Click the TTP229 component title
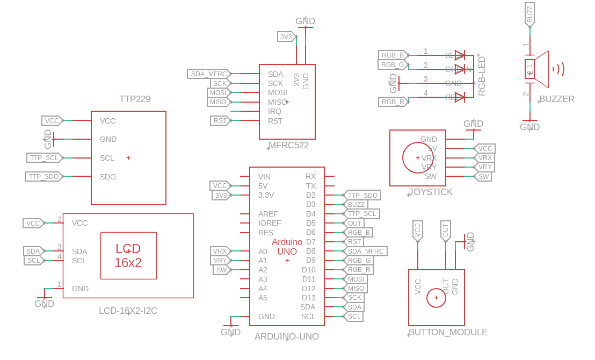pyautogui.click(x=135, y=99)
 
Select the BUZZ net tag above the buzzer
pyautogui.click(x=529, y=14)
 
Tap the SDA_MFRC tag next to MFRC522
pyautogui.click(x=209, y=74)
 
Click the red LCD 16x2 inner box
pyautogui.click(x=128, y=256)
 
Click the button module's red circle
pyautogui.click(x=436, y=298)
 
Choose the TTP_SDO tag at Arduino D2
pyautogui.click(x=362, y=195)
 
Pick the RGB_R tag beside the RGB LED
pyautogui.click(x=393, y=102)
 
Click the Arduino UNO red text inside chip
pyautogui.click(x=287, y=247)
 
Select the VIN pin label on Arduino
pyautogui.click(x=264, y=176)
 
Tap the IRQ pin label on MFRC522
pyautogui.click(x=274, y=111)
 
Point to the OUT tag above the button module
pyautogui.click(x=445, y=231)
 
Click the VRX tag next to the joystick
pyautogui.click(x=484, y=158)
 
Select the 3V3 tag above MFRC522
pyautogui.click(x=286, y=37)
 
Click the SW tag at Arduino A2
pyautogui.click(x=221, y=270)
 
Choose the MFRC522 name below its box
pyautogui.click(x=288, y=145)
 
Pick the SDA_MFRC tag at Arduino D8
pyautogui.click(x=366, y=251)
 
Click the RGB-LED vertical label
pyautogui.click(x=482, y=76)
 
